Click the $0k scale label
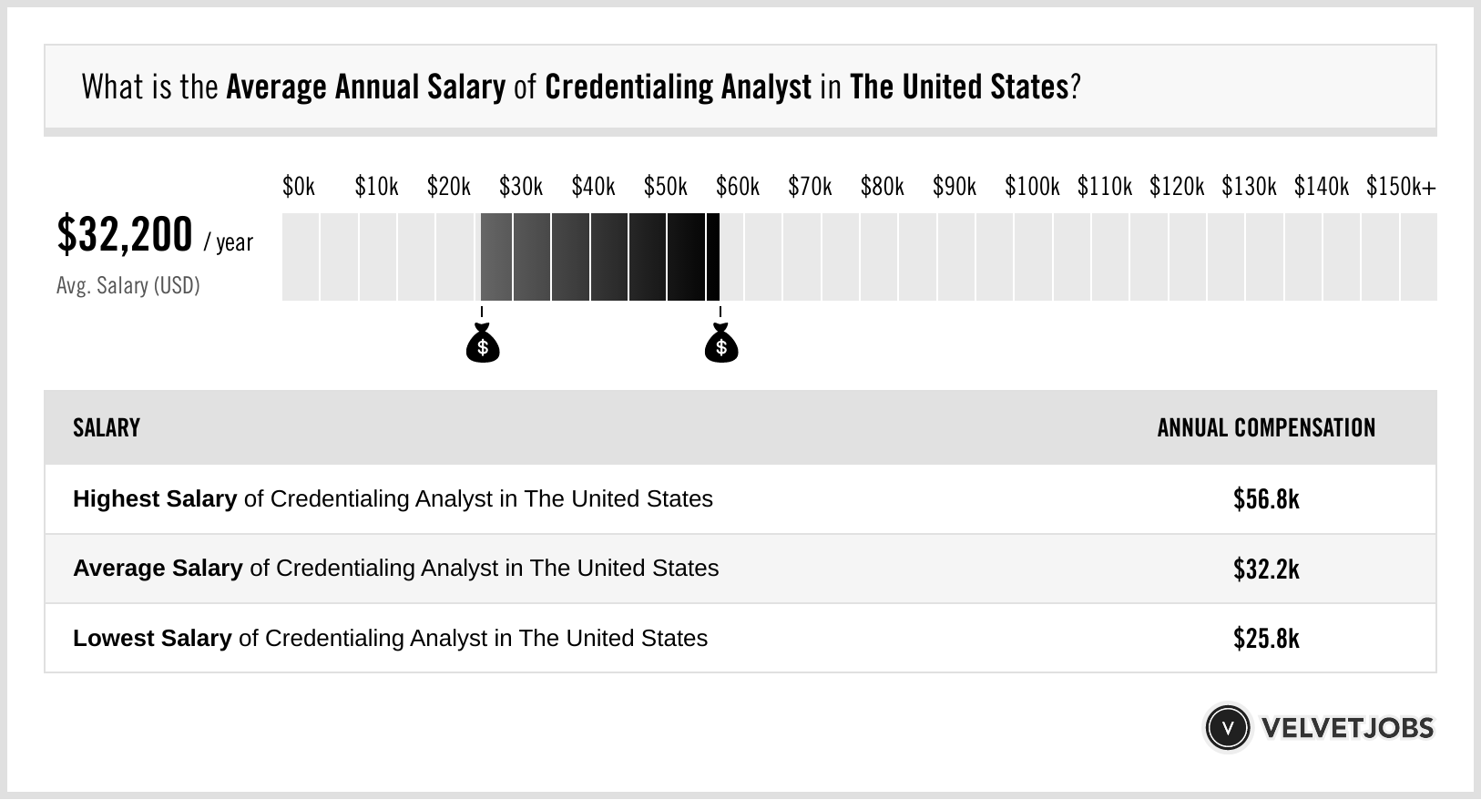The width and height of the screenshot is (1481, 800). [x=299, y=187]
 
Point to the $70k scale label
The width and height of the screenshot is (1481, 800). [x=810, y=187]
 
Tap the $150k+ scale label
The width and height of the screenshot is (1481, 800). [x=1400, y=187]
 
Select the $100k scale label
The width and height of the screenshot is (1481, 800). [x=1032, y=187]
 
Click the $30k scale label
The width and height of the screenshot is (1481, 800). [x=521, y=187]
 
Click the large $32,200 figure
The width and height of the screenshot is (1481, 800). [x=125, y=235]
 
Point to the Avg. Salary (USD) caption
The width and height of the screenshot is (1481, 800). [x=128, y=286]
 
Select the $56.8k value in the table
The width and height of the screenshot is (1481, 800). [x=1266, y=499]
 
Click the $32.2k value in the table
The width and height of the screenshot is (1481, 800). [x=1266, y=569]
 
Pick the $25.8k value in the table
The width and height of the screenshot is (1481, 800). [x=1266, y=638]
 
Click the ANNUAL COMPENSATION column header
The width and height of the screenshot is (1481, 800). [x=1266, y=428]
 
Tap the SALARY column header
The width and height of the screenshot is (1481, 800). [x=107, y=428]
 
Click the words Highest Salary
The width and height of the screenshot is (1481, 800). [x=155, y=499]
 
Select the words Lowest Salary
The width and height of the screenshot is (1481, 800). [x=152, y=638]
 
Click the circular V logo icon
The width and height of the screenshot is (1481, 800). [x=1227, y=728]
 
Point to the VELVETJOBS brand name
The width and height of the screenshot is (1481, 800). [x=1347, y=728]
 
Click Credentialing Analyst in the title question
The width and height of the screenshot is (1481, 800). [x=678, y=87]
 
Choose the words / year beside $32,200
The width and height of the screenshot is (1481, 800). [x=229, y=242]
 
